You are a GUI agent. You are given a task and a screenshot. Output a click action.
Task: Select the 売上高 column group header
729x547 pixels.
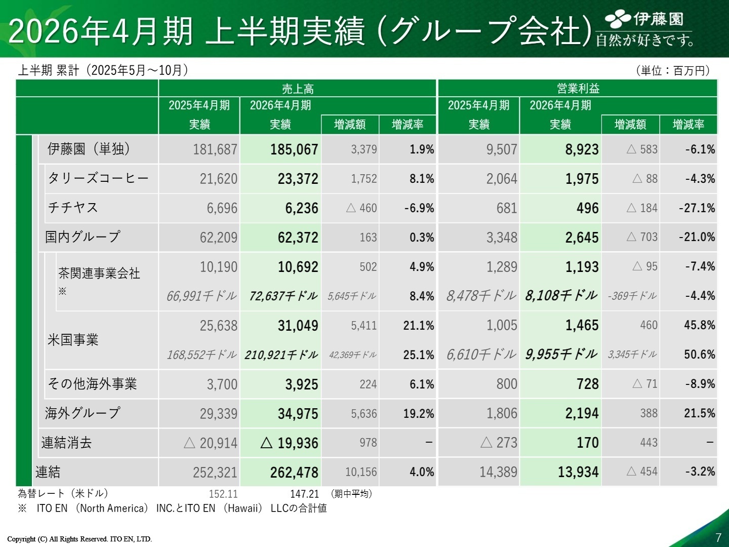(298, 89)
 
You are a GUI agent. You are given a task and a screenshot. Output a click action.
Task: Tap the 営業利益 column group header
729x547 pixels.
(578, 89)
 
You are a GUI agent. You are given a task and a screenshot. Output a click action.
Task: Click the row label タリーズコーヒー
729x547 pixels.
(98, 178)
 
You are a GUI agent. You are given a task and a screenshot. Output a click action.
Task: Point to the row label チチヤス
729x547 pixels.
(73, 208)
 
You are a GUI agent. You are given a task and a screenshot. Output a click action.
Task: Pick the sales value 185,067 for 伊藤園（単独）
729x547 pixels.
(294, 150)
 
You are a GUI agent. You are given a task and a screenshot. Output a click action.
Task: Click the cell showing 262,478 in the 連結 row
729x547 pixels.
(294, 473)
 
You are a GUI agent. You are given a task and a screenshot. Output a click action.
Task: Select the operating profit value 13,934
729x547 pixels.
(578, 473)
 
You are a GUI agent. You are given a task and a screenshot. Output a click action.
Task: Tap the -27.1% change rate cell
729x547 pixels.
(697, 208)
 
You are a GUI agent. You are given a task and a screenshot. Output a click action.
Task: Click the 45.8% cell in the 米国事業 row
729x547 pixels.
(699, 325)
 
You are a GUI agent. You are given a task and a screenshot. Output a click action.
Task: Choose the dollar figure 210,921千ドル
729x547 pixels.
(281, 355)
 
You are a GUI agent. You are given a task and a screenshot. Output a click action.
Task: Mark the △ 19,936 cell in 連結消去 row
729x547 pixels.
(289, 443)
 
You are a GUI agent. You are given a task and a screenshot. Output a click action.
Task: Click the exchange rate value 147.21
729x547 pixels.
(304, 494)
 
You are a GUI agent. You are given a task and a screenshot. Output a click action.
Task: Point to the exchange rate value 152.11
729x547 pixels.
(223, 494)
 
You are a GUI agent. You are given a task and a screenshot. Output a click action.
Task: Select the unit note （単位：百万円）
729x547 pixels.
(672, 71)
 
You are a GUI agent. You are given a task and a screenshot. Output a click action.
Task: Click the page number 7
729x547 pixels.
(718, 537)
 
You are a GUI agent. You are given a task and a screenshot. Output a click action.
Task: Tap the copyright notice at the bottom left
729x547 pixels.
(79, 539)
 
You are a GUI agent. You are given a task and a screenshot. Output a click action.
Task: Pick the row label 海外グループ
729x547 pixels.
(83, 413)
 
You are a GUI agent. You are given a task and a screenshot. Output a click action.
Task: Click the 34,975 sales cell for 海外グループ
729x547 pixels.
(298, 414)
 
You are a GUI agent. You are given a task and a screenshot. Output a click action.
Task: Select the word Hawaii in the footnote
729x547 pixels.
(242, 508)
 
